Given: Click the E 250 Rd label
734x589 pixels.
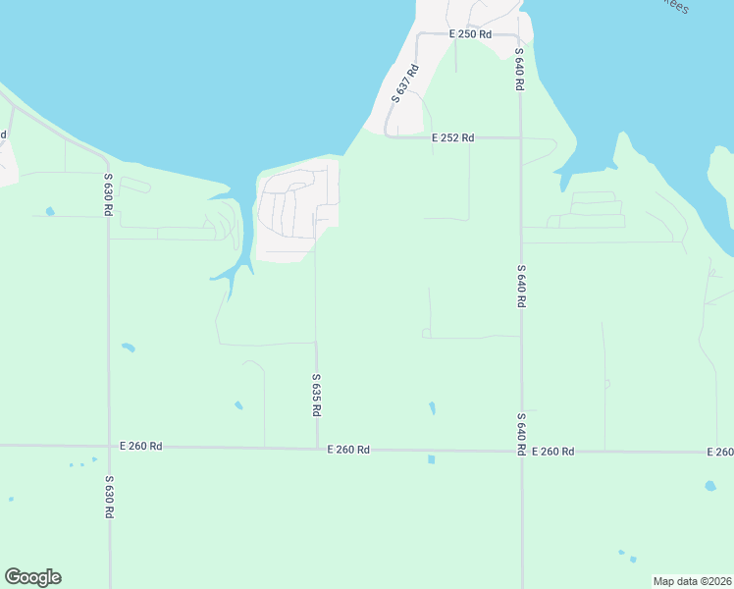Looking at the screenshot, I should [469, 34].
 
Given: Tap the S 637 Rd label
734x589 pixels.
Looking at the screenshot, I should [405, 83].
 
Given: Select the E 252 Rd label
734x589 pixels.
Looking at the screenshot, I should [453, 138].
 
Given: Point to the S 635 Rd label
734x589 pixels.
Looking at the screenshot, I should [316, 396].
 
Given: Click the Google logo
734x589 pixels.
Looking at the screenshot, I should [32, 577].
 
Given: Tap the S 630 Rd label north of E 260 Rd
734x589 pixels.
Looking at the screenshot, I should [108, 194].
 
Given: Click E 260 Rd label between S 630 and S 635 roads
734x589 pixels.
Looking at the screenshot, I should [140, 446].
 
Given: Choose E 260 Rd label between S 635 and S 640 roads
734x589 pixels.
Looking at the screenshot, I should [348, 450].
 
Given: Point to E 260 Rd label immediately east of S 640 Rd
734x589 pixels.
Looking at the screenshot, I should [552, 452].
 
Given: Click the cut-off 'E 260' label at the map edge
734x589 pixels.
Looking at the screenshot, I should [719, 452].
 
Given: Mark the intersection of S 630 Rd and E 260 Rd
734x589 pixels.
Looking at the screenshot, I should [109, 447].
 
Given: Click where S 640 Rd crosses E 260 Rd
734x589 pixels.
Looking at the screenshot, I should [521, 452].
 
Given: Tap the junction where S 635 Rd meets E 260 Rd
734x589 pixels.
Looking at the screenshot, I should [316, 449].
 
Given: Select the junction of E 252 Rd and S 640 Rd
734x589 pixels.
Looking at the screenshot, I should [520, 138].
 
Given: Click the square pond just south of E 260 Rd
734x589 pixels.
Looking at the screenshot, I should [431, 458].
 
